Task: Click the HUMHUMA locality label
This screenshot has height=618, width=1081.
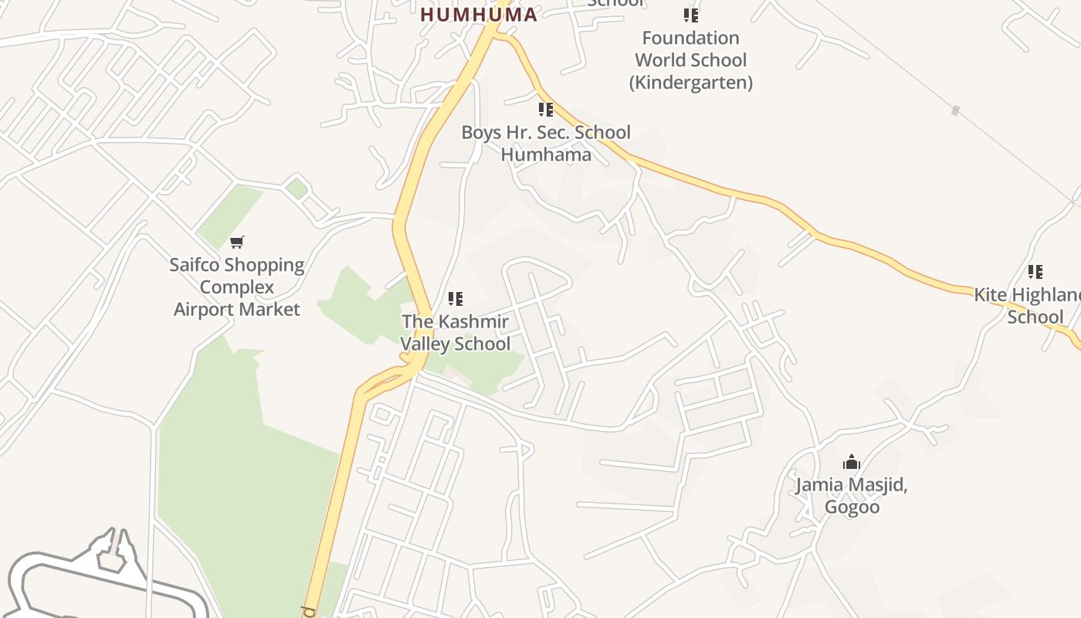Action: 479,15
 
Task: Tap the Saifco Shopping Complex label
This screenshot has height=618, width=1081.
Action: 237,276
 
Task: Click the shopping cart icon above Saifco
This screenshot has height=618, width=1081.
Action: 237,243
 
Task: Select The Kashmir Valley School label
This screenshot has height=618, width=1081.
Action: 456,332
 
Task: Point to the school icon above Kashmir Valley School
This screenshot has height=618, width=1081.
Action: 456,298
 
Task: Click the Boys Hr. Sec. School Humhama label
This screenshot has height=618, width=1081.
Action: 546,143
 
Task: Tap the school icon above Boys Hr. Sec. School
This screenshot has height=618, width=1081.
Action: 546,110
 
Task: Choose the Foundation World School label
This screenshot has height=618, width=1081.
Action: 690,49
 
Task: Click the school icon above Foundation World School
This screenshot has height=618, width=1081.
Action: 690,15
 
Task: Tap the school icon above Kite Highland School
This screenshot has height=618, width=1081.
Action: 1035,272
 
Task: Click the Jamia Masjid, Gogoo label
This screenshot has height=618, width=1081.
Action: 852,496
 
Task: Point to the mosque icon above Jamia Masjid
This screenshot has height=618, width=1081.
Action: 852,463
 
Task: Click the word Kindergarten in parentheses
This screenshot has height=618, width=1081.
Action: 690,82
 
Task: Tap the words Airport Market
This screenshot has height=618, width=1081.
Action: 237,309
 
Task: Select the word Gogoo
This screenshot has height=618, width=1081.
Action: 852,508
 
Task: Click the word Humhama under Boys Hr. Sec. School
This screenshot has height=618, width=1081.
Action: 546,154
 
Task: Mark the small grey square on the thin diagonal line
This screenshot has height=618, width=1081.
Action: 955,110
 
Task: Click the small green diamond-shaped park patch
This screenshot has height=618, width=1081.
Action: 297,188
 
